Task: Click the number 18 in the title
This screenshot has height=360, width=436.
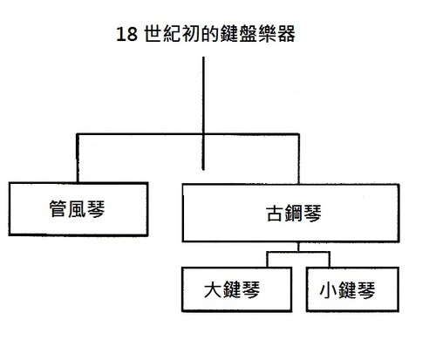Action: tap(126, 34)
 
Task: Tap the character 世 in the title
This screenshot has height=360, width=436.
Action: tap(153, 34)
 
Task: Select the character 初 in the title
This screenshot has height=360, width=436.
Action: tap(190, 34)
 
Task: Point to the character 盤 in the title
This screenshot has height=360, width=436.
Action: tap(249, 34)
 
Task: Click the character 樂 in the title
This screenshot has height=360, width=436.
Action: tap(267, 34)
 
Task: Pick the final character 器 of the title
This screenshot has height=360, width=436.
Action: tap(286, 34)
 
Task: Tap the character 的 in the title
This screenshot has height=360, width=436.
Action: tap(209, 34)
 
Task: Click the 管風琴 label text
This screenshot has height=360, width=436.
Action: tap(78, 209)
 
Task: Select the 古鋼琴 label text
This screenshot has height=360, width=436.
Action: tap(294, 213)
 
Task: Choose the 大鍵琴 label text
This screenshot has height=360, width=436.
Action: tap(232, 289)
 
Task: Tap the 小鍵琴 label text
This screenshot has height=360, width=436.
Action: tap(347, 290)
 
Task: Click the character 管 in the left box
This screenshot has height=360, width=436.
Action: tap(58, 209)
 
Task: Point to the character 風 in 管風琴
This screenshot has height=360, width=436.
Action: tap(78, 209)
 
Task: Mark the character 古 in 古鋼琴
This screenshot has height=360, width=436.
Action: tap(275, 214)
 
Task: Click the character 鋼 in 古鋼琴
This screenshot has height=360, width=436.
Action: tap(294, 213)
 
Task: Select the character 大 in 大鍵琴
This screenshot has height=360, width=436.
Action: tap(213, 289)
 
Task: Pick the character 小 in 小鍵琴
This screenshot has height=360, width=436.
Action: tap(328, 290)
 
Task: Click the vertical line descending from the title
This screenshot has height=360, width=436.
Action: tap(203, 113)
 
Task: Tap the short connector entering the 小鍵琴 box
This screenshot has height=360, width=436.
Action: tap(330, 260)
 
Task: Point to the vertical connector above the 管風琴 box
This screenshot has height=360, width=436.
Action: tap(78, 159)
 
